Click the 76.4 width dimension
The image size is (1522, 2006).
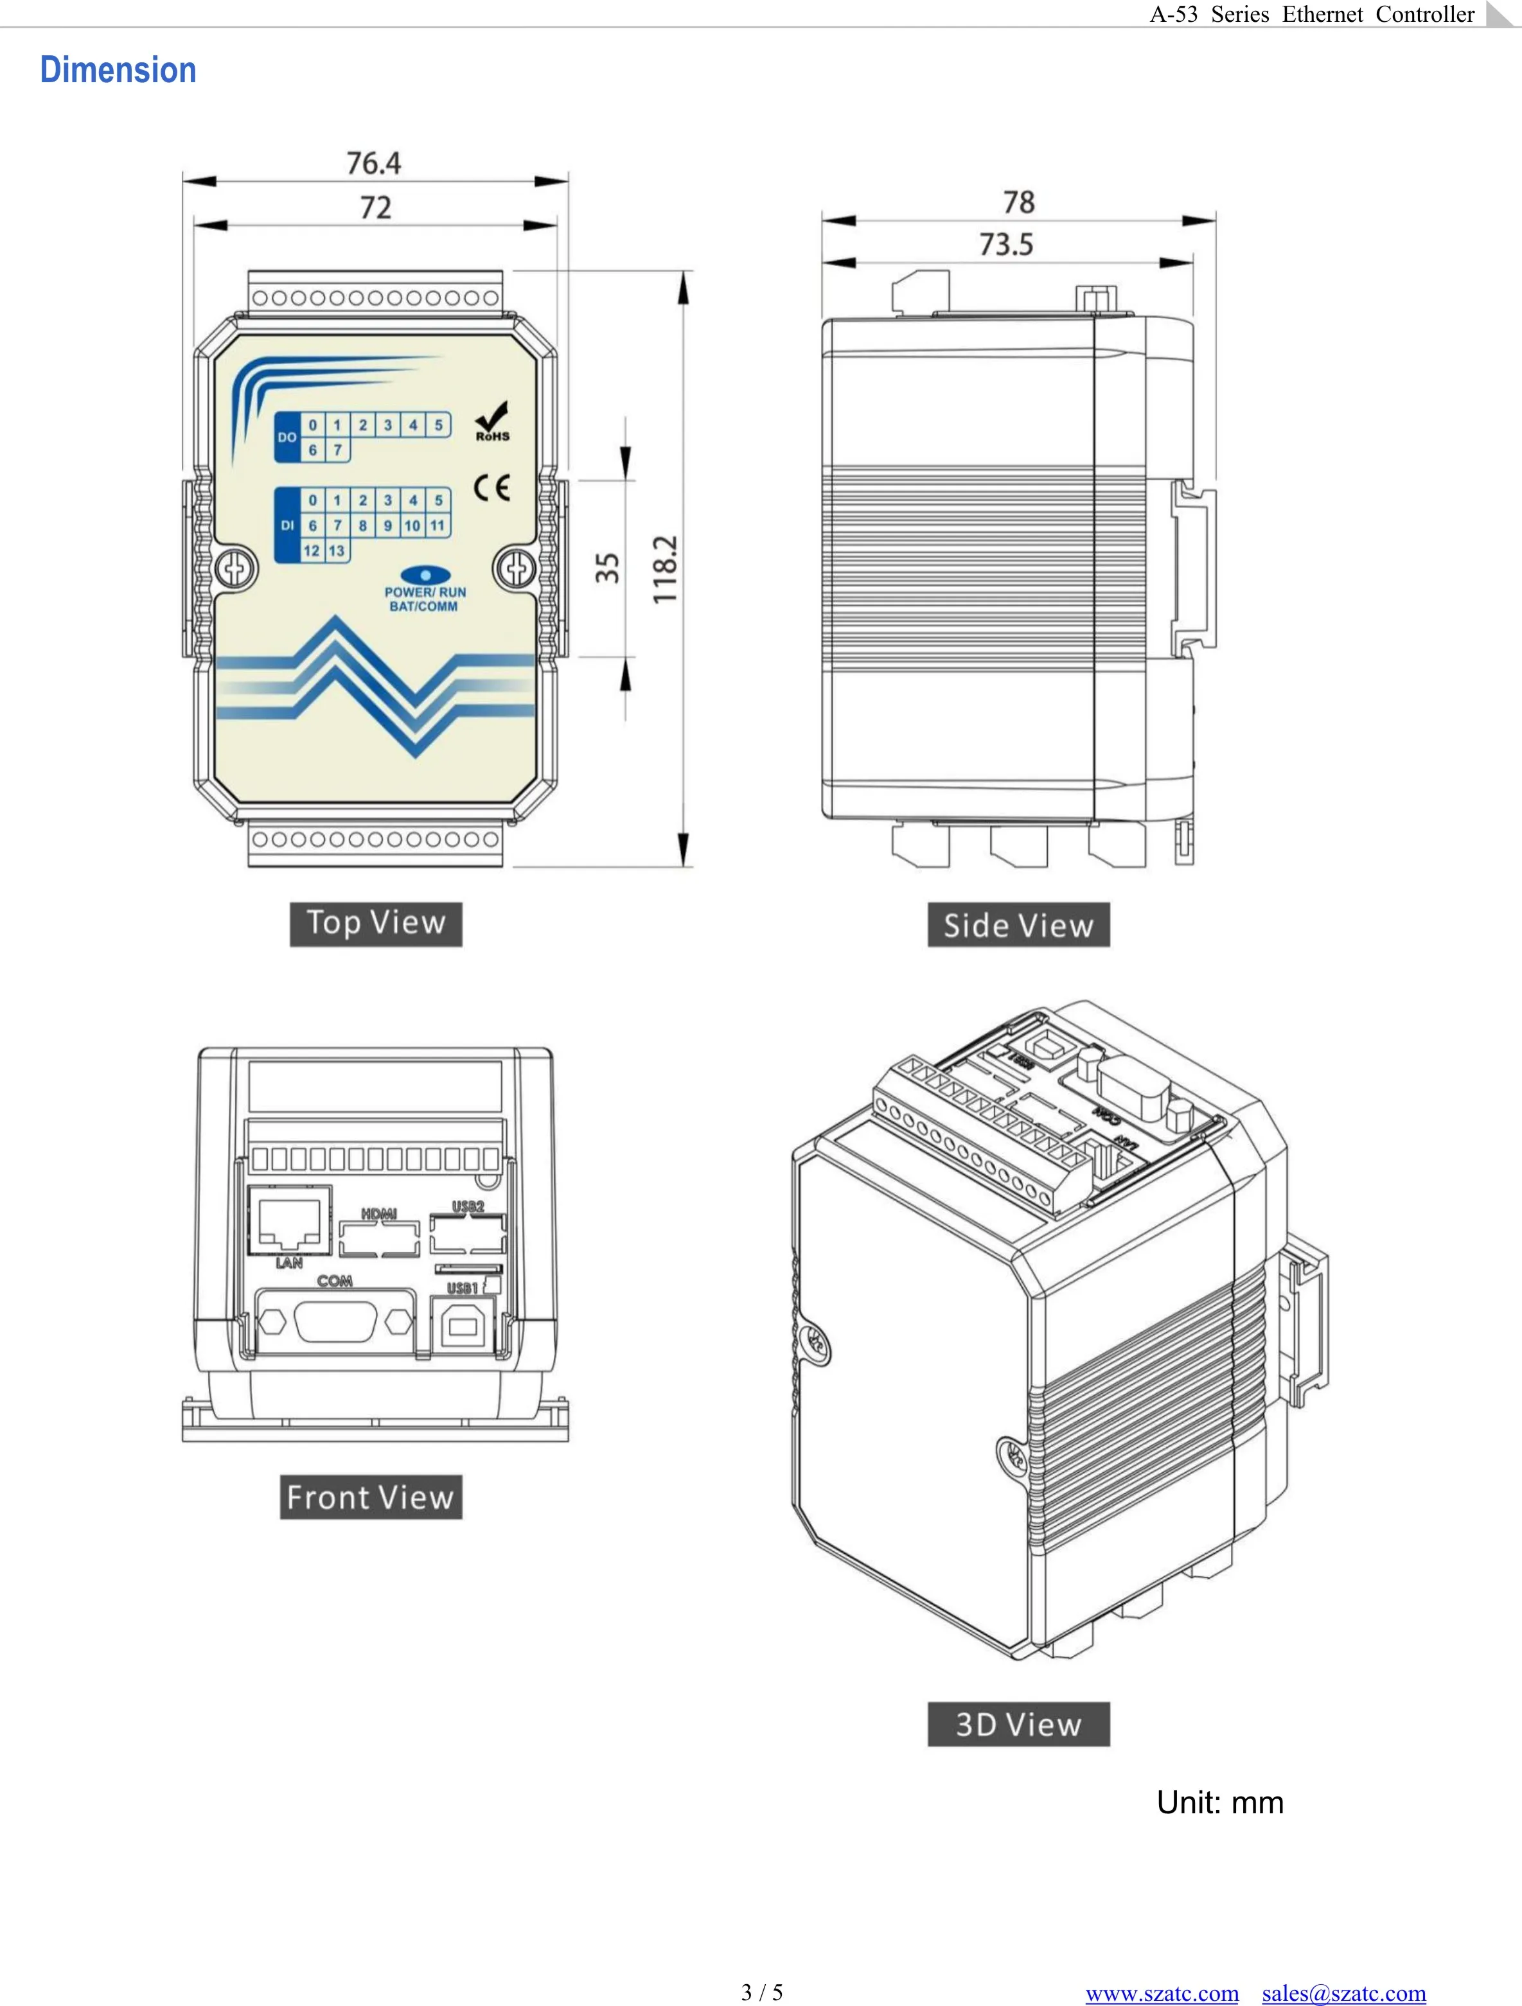[x=374, y=163]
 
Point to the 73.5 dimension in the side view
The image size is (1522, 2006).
[x=1006, y=244]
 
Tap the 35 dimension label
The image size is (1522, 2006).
[x=606, y=568]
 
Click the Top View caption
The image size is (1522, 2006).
[x=375, y=923]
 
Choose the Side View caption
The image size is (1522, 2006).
[x=1018, y=925]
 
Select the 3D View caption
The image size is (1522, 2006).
[x=1018, y=1724]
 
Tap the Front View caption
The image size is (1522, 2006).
[x=370, y=1497]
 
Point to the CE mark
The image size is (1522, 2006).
[x=491, y=488]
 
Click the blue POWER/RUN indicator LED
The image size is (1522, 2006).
[x=425, y=575]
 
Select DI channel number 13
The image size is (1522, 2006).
[x=337, y=550]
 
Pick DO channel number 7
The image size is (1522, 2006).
[x=337, y=450]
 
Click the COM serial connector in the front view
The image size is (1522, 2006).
[x=335, y=1321]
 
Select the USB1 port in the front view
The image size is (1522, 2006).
[x=463, y=1326]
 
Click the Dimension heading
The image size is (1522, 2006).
[x=118, y=71]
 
